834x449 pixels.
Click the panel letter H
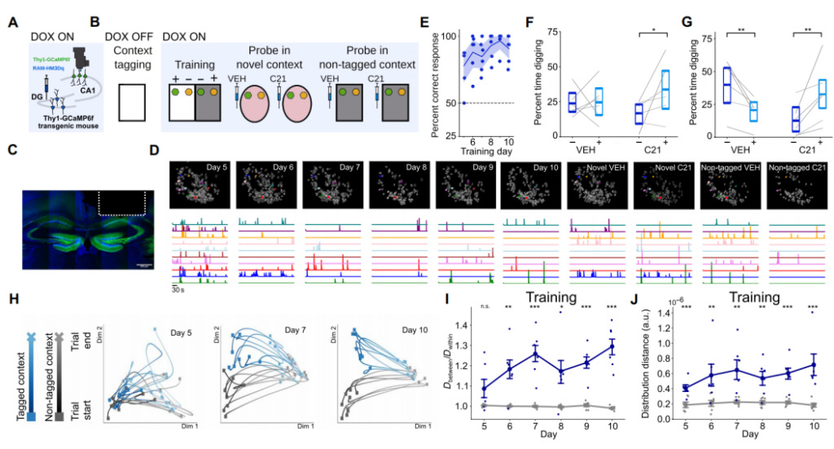click(x=11, y=298)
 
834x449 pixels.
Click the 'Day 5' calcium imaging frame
click(x=199, y=184)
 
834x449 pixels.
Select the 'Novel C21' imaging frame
click(x=662, y=184)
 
